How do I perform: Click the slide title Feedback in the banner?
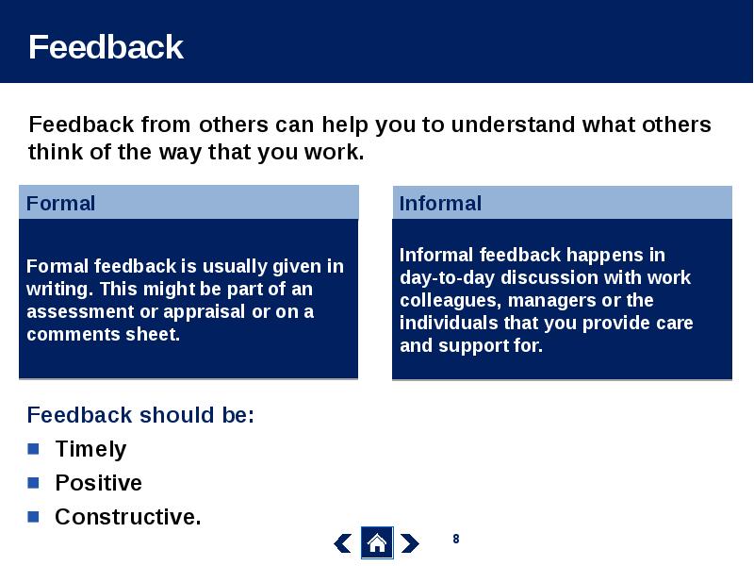pyautogui.click(x=106, y=46)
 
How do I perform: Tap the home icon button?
pyautogui.click(x=377, y=543)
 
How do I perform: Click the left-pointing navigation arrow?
pyautogui.click(x=342, y=543)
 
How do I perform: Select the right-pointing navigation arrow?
pyautogui.click(x=410, y=543)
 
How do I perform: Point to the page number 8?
pyautogui.click(x=456, y=539)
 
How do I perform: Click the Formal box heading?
pyautogui.click(x=60, y=203)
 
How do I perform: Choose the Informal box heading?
pyautogui.click(x=440, y=203)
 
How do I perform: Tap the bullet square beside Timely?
pyautogui.click(x=33, y=449)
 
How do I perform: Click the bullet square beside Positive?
pyautogui.click(x=33, y=482)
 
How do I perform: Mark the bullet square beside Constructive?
pyautogui.click(x=33, y=516)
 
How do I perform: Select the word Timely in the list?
pyautogui.click(x=90, y=450)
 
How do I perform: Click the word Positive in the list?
pyautogui.click(x=99, y=483)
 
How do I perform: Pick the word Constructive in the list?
pyautogui.click(x=128, y=517)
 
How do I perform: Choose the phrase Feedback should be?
pyautogui.click(x=140, y=415)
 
